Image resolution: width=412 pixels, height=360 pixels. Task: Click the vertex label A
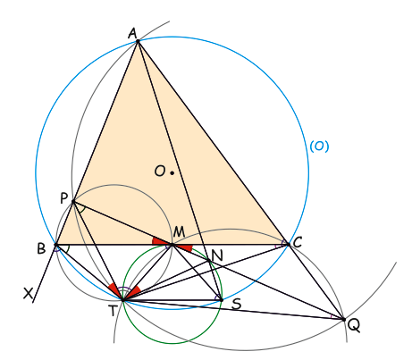132,33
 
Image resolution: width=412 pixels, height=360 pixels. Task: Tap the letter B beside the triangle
41,248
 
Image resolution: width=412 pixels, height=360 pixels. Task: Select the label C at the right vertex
298,242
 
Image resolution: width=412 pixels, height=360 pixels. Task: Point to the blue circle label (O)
319,147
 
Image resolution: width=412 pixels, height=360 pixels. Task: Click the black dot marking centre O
172,172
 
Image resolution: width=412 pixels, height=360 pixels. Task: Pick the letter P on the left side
64,198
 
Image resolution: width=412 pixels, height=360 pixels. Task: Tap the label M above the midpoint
179,231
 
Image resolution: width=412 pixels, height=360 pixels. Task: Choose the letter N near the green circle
217,255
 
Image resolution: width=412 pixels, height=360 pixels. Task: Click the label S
236,304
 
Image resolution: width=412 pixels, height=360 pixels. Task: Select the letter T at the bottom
113,311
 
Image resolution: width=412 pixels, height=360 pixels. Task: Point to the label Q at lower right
354,326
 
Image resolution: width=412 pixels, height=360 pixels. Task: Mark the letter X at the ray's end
29,294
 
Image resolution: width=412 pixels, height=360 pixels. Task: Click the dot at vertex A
138,41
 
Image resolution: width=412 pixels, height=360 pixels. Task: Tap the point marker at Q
344,320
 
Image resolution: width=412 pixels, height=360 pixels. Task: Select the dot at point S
222,300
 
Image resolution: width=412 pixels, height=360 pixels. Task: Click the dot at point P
73,202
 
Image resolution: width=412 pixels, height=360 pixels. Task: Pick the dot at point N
209,261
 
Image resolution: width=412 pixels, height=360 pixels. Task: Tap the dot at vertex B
55,245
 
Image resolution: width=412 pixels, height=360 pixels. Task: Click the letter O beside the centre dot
160,171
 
